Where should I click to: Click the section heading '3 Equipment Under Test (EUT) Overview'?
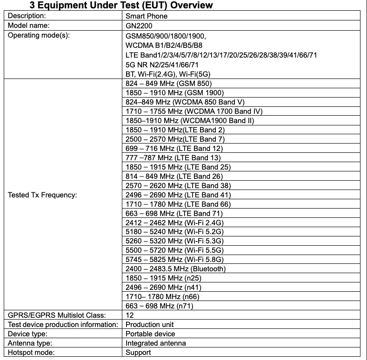121,6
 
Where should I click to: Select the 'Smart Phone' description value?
147,16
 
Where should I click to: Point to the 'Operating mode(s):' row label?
39,35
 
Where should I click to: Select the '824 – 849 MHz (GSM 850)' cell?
169,84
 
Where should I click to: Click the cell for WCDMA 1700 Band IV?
194,111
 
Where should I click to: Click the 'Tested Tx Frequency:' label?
43,195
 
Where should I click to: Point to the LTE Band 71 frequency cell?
174,213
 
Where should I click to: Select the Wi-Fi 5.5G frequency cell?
175,250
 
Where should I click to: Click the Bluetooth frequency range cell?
176,269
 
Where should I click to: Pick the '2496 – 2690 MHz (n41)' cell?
164,288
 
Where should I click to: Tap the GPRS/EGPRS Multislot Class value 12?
130,315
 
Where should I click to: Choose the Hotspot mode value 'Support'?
139,353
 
